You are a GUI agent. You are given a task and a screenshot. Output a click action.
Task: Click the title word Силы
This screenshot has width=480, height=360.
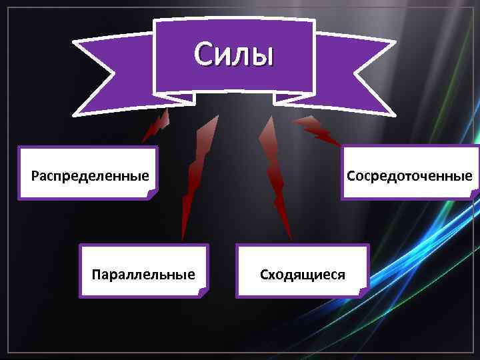[233, 55]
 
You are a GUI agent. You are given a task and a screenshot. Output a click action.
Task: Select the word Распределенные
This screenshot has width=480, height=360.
[89, 177]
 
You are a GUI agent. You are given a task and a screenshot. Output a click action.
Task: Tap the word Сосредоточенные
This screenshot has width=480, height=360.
[409, 176]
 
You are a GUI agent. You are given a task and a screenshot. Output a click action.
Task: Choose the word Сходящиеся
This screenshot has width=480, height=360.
[302, 274]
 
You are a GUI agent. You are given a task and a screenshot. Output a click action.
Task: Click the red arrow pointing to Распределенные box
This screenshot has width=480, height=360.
[157, 126]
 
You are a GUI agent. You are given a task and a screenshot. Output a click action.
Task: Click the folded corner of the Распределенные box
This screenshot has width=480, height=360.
[152, 194]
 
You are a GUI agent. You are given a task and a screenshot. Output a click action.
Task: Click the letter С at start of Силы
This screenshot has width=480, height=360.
[203, 55]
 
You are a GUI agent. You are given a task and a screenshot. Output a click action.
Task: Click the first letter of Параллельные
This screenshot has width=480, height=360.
[97, 274]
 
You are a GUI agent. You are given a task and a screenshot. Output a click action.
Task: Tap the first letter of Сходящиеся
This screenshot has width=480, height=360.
[264, 274]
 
